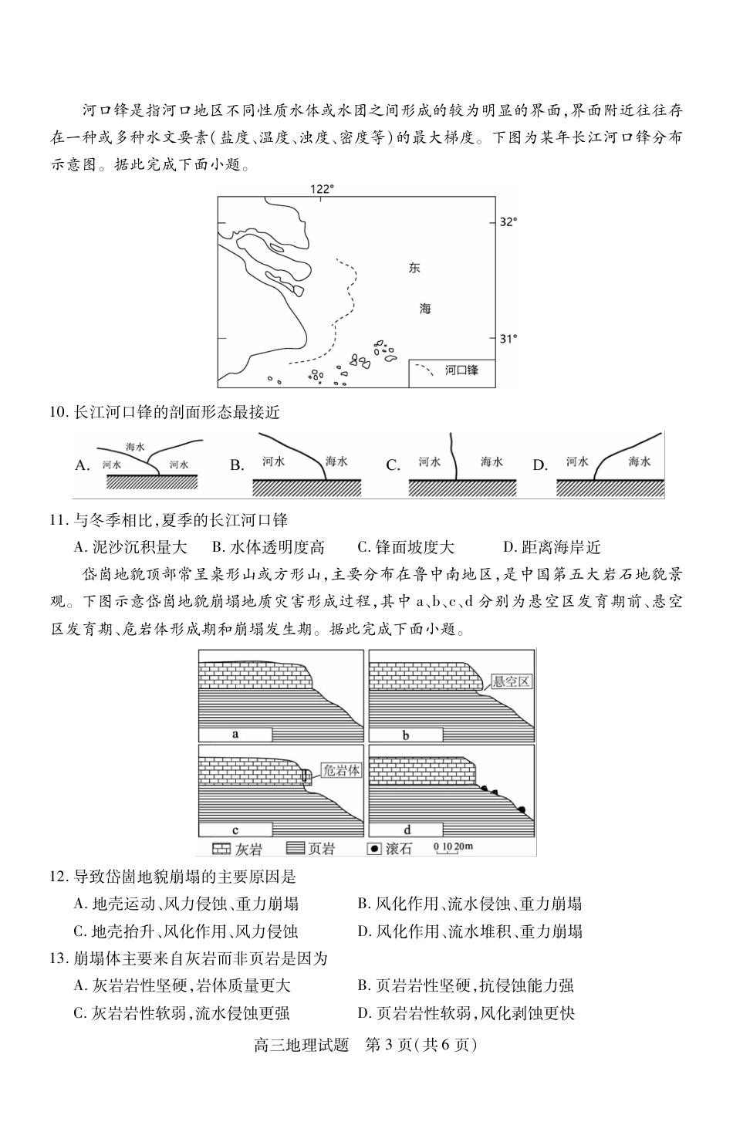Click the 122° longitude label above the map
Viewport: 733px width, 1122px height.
pos(322,188)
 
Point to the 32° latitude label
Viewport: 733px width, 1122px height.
pos(508,222)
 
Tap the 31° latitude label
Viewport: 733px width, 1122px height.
pos(508,338)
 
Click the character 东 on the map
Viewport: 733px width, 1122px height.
pos(415,269)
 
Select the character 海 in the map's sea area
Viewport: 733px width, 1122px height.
pos(425,309)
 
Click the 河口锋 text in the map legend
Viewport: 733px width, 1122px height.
pos(461,371)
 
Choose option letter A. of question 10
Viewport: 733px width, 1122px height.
pos(83,465)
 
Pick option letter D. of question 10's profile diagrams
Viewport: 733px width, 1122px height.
pos(540,465)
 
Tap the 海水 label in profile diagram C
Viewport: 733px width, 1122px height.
pos(491,461)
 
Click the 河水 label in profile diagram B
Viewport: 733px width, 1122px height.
pos(273,461)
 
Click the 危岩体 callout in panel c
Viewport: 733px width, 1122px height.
pos(340,770)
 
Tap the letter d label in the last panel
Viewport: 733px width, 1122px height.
pos(407,830)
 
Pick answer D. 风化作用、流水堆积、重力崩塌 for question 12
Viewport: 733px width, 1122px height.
pos(470,931)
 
